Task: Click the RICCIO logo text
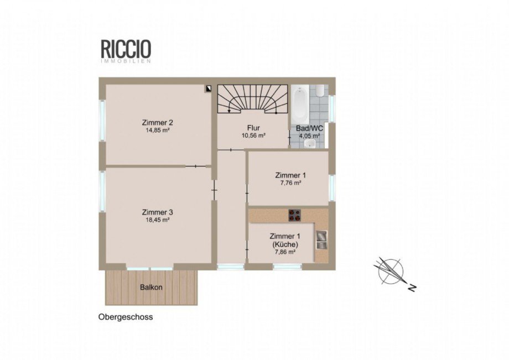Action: click(x=126, y=49)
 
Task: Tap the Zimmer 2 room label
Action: click(x=158, y=123)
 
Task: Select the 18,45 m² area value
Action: click(x=158, y=220)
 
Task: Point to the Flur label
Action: click(x=253, y=128)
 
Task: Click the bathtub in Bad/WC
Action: click(x=300, y=103)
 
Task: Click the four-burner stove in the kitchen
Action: click(x=295, y=215)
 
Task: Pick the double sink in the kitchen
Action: click(x=321, y=239)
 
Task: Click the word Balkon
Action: click(x=151, y=287)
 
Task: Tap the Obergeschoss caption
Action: click(x=126, y=317)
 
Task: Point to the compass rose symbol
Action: click(x=391, y=272)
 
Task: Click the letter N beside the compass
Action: click(x=412, y=288)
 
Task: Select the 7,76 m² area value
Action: click(x=290, y=183)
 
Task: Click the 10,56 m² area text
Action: click(x=253, y=135)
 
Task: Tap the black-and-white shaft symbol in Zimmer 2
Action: click(x=208, y=89)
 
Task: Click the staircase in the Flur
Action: click(x=252, y=99)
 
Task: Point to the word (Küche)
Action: click(x=285, y=244)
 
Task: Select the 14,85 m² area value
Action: click(x=158, y=130)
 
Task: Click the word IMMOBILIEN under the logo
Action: click(x=126, y=61)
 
